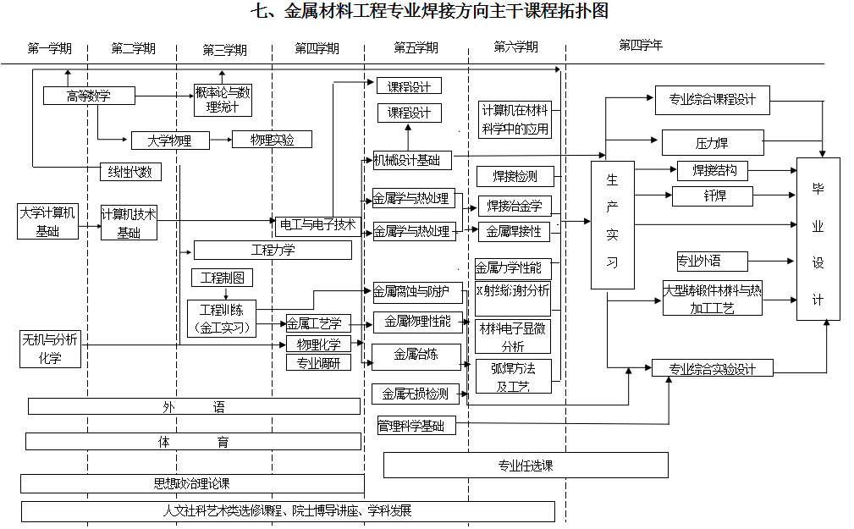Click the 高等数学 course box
click(89, 96)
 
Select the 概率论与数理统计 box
click(223, 99)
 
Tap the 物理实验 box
click(271, 140)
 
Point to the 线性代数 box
click(129, 172)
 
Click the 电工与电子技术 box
click(317, 225)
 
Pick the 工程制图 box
click(222, 277)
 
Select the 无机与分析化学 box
click(51, 349)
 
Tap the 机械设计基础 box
click(412, 160)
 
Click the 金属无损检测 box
click(416, 394)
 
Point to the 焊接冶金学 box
click(515, 206)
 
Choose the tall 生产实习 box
click(613, 224)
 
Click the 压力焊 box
click(712, 142)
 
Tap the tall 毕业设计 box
click(818, 239)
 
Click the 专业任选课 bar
click(525, 465)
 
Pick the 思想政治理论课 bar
click(192, 483)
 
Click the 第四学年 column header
click(641, 46)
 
